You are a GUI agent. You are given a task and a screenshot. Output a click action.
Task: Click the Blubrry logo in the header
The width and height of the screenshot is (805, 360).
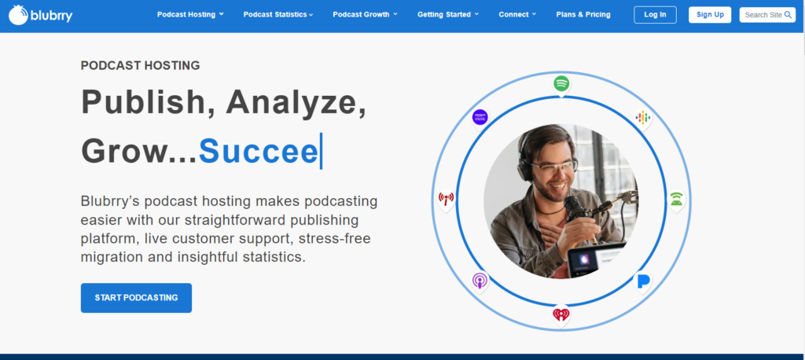click(x=41, y=15)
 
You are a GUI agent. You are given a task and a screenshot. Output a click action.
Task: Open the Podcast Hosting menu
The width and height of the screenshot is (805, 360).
click(x=190, y=14)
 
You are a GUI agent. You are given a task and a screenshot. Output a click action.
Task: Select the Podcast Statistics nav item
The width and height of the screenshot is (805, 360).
click(x=278, y=14)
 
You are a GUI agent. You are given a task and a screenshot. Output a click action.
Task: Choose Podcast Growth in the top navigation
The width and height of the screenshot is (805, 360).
click(x=365, y=14)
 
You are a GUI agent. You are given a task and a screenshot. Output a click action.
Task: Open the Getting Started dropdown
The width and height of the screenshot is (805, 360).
click(x=448, y=14)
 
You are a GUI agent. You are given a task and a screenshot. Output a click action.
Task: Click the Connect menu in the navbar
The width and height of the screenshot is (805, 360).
click(x=517, y=14)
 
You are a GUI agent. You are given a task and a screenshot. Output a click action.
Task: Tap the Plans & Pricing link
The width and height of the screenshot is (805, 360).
click(x=583, y=14)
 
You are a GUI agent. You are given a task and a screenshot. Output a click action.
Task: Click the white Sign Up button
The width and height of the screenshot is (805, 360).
click(x=710, y=14)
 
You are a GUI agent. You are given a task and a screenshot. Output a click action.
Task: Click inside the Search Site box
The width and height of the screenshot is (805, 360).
click(x=767, y=15)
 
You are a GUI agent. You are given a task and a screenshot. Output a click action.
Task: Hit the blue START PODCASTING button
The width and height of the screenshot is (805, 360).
click(x=136, y=298)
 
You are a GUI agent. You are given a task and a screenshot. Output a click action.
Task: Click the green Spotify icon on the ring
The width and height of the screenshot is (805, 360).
click(x=561, y=83)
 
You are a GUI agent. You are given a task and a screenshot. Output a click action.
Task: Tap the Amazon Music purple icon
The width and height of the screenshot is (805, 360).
click(x=480, y=118)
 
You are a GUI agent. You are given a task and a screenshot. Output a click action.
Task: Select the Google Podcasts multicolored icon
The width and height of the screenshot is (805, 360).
click(x=643, y=118)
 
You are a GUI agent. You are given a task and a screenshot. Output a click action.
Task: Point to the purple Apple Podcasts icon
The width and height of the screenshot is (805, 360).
click(x=480, y=281)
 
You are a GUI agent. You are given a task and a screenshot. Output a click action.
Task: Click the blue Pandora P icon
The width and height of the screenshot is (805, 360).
click(x=643, y=281)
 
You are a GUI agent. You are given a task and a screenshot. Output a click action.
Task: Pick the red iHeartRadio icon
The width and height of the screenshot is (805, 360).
click(x=561, y=314)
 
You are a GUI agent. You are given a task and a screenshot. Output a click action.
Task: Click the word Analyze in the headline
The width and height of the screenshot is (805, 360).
click(x=296, y=102)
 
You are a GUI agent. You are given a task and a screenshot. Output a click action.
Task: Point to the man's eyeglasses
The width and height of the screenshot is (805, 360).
click(x=552, y=167)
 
